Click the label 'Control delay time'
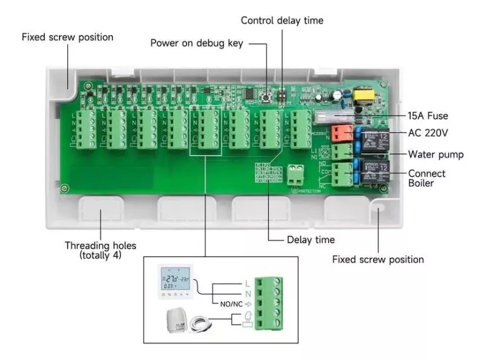(x=282, y=21)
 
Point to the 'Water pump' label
(x=436, y=155)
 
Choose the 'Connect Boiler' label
(x=426, y=178)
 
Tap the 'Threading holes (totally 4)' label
(x=100, y=251)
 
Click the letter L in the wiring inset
(x=247, y=283)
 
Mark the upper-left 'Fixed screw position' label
(x=67, y=37)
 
